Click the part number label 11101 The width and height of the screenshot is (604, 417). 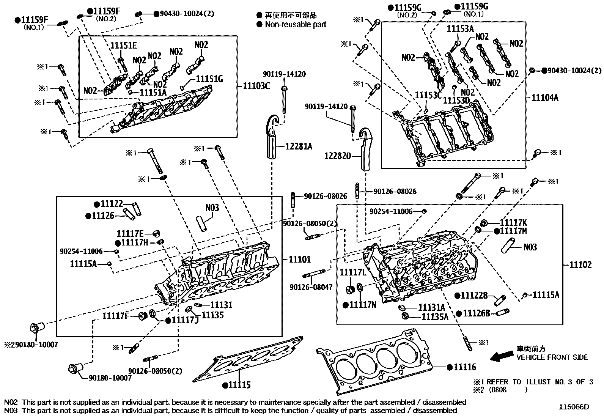coord(300,260)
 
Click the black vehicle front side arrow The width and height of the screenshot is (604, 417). coord(500,357)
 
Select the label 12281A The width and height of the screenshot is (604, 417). coord(296,146)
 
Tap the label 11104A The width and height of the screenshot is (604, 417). coord(545,98)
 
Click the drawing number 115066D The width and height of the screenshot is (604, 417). coord(574,407)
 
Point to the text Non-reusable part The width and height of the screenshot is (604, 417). coord(295,25)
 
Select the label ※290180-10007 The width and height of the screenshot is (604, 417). coord(31,345)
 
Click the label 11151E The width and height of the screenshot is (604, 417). coord(124,46)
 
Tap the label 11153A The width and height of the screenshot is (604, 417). coord(460,28)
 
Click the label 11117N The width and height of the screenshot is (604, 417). coord(362,305)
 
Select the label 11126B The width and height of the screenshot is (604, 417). coord(476,313)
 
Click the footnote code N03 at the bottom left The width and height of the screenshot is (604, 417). coord(11,410)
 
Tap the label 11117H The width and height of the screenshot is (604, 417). coord(135,243)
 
